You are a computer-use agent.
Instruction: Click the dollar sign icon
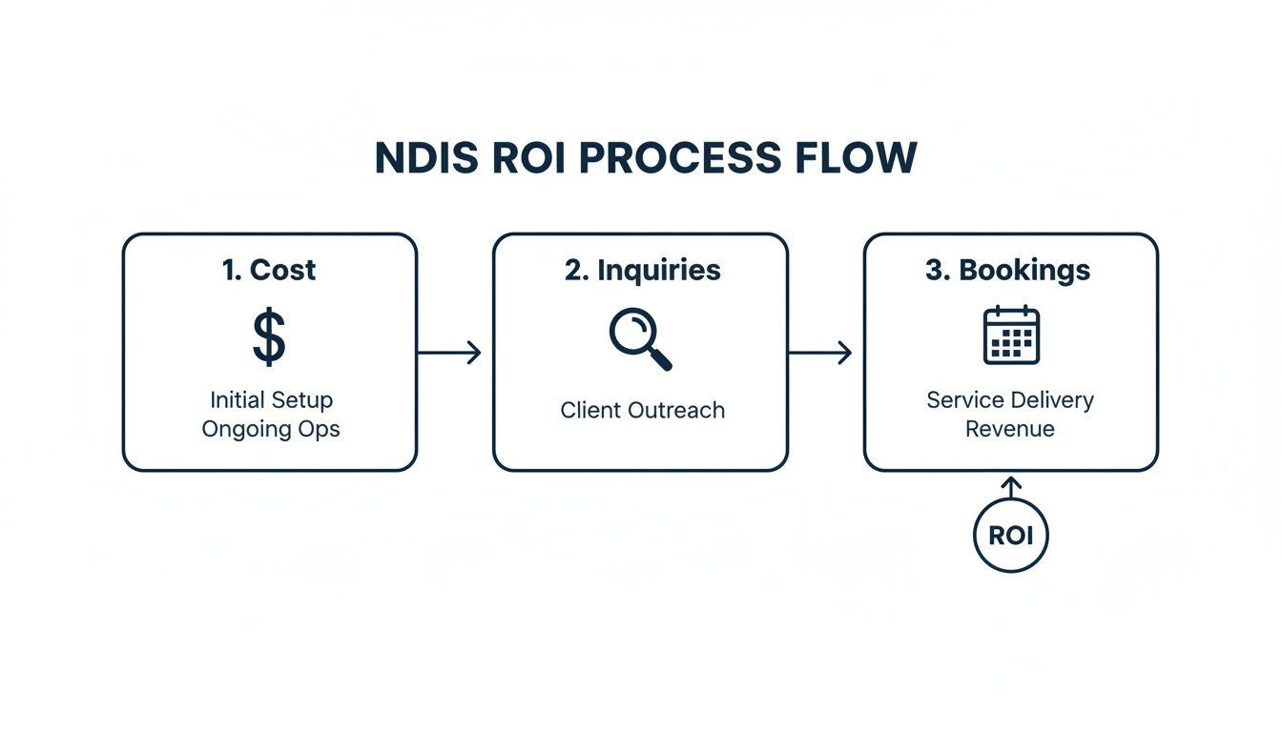point(269,337)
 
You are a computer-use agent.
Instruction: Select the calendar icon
point(1011,335)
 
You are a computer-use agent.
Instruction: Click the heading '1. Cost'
point(269,270)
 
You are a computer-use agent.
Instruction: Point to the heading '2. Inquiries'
point(642,270)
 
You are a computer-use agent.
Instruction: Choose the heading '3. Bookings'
point(1009,270)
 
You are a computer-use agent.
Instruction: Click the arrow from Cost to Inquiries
point(449,353)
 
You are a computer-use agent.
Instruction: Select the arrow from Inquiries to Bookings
point(820,353)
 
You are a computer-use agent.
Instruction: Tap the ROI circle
point(1010,536)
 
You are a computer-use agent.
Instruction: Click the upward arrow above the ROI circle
point(1011,485)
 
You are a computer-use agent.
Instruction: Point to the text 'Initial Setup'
point(271,399)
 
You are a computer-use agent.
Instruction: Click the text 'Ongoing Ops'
point(271,429)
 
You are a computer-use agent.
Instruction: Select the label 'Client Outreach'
point(642,411)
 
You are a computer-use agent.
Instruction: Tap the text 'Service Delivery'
point(1010,399)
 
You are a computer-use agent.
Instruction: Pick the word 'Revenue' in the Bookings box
point(1010,429)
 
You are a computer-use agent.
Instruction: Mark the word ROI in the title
point(529,158)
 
